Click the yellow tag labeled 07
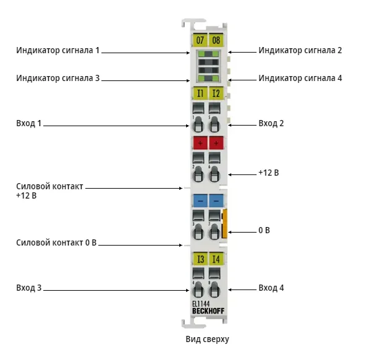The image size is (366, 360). point(200,40)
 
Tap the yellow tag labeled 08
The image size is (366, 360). point(216,40)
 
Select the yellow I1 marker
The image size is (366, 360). point(200,93)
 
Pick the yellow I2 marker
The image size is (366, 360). point(216,93)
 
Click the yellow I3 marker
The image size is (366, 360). point(200,259)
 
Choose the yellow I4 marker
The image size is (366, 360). point(216,259)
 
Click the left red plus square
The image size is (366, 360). point(200,143)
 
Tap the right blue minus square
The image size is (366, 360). point(216,200)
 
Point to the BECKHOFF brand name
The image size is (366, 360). point(208,311)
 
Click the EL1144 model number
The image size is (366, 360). point(201,304)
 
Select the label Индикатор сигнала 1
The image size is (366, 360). point(58,51)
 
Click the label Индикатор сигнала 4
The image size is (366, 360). point(300,78)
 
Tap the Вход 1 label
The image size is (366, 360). point(28,123)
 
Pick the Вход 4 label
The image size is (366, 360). point(271,288)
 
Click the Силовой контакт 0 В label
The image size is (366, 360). point(56,242)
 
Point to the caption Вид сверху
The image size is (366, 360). point(207,339)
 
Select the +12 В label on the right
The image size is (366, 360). point(269,173)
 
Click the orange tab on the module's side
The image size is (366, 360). point(224,224)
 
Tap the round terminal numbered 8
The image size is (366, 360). point(215,289)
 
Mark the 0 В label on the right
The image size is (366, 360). point(264,230)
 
